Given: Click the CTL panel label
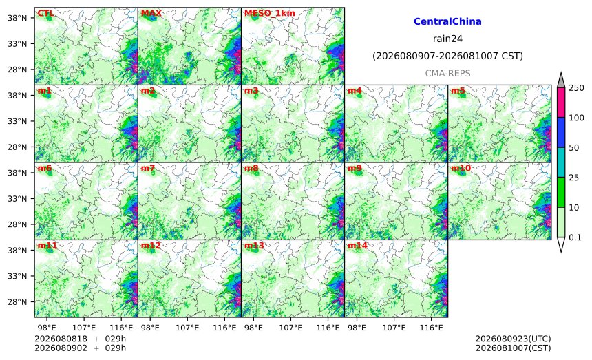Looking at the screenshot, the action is point(45,13).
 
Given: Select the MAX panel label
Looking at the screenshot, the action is point(151,13).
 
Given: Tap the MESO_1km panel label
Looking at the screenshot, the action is point(270,14).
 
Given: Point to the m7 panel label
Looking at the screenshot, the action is point(148,168).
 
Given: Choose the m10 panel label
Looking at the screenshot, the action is point(461,168).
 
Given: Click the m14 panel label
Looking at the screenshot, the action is point(357,246).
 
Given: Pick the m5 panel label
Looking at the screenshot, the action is point(458,91).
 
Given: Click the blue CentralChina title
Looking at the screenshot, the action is point(447,21).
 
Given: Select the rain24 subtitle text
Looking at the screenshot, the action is point(447,39).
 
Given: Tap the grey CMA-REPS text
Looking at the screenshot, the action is point(447,73).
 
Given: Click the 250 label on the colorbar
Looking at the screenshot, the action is point(577,88).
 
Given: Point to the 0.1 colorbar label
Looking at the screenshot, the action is point(575,237).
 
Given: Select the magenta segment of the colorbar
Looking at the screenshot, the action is point(561,103).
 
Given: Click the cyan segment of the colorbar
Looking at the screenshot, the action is point(561,162).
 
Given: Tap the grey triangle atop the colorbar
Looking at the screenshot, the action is point(561,80).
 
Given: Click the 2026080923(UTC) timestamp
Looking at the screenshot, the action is point(513,339).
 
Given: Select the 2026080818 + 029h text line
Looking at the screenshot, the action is point(80,339).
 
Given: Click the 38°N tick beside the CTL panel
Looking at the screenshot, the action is point(17,18).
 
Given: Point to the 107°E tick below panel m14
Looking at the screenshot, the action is point(394,328).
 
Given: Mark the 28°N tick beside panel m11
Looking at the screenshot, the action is point(17,302).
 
